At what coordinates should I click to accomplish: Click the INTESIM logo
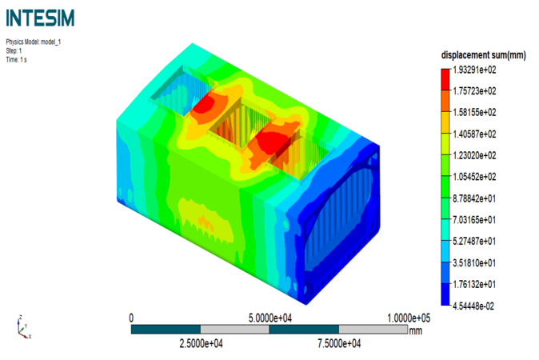[40, 18]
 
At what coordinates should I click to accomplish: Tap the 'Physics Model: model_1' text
[34, 42]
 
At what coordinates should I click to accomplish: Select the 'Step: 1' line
[14, 51]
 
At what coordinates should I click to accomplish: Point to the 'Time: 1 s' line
[16, 60]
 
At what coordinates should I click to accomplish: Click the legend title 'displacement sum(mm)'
[483, 55]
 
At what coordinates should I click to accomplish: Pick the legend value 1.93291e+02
[474, 70]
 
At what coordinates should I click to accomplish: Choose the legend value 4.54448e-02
[473, 306]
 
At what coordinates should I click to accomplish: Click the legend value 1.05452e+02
[474, 177]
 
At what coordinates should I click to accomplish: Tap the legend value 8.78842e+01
[474, 198]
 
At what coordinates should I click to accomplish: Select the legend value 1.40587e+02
[474, 134]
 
